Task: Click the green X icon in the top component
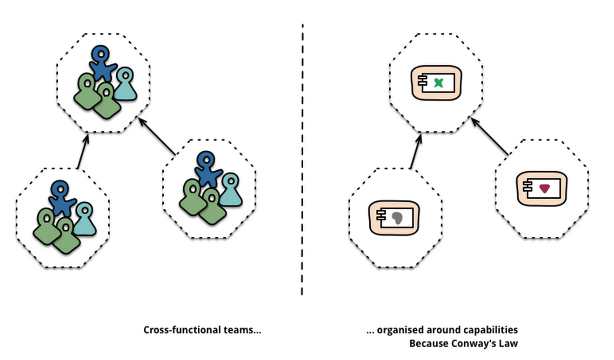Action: [x=438, y=83]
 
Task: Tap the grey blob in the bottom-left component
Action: [x=397, y=218]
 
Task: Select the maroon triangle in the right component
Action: [x=544, y=188]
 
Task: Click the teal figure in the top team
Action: [x=126, y=85]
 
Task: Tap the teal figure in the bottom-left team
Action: [x=85, y=220]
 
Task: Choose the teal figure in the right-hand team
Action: [x=230, y=190]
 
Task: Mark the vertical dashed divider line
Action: [x=302, y=158]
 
